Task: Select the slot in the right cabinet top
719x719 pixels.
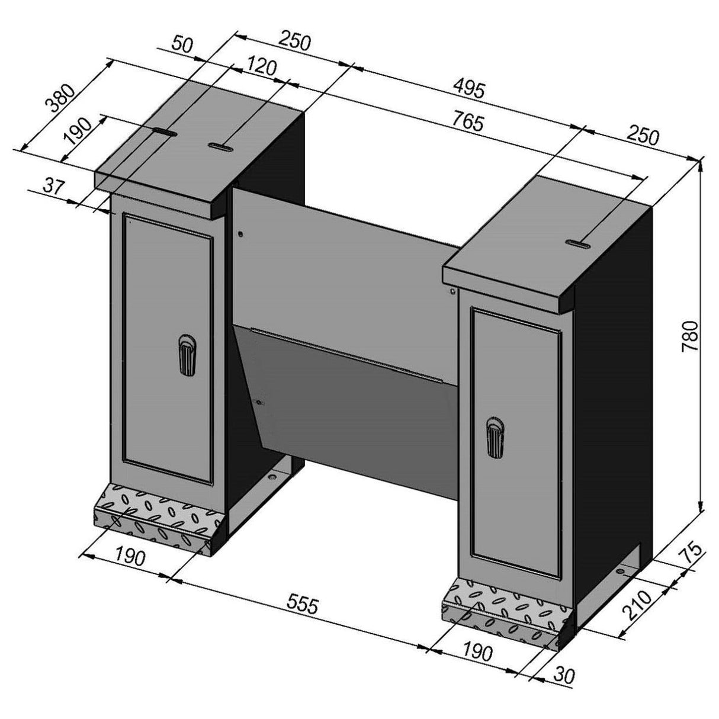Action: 577,242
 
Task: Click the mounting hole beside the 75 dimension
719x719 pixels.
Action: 620,570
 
